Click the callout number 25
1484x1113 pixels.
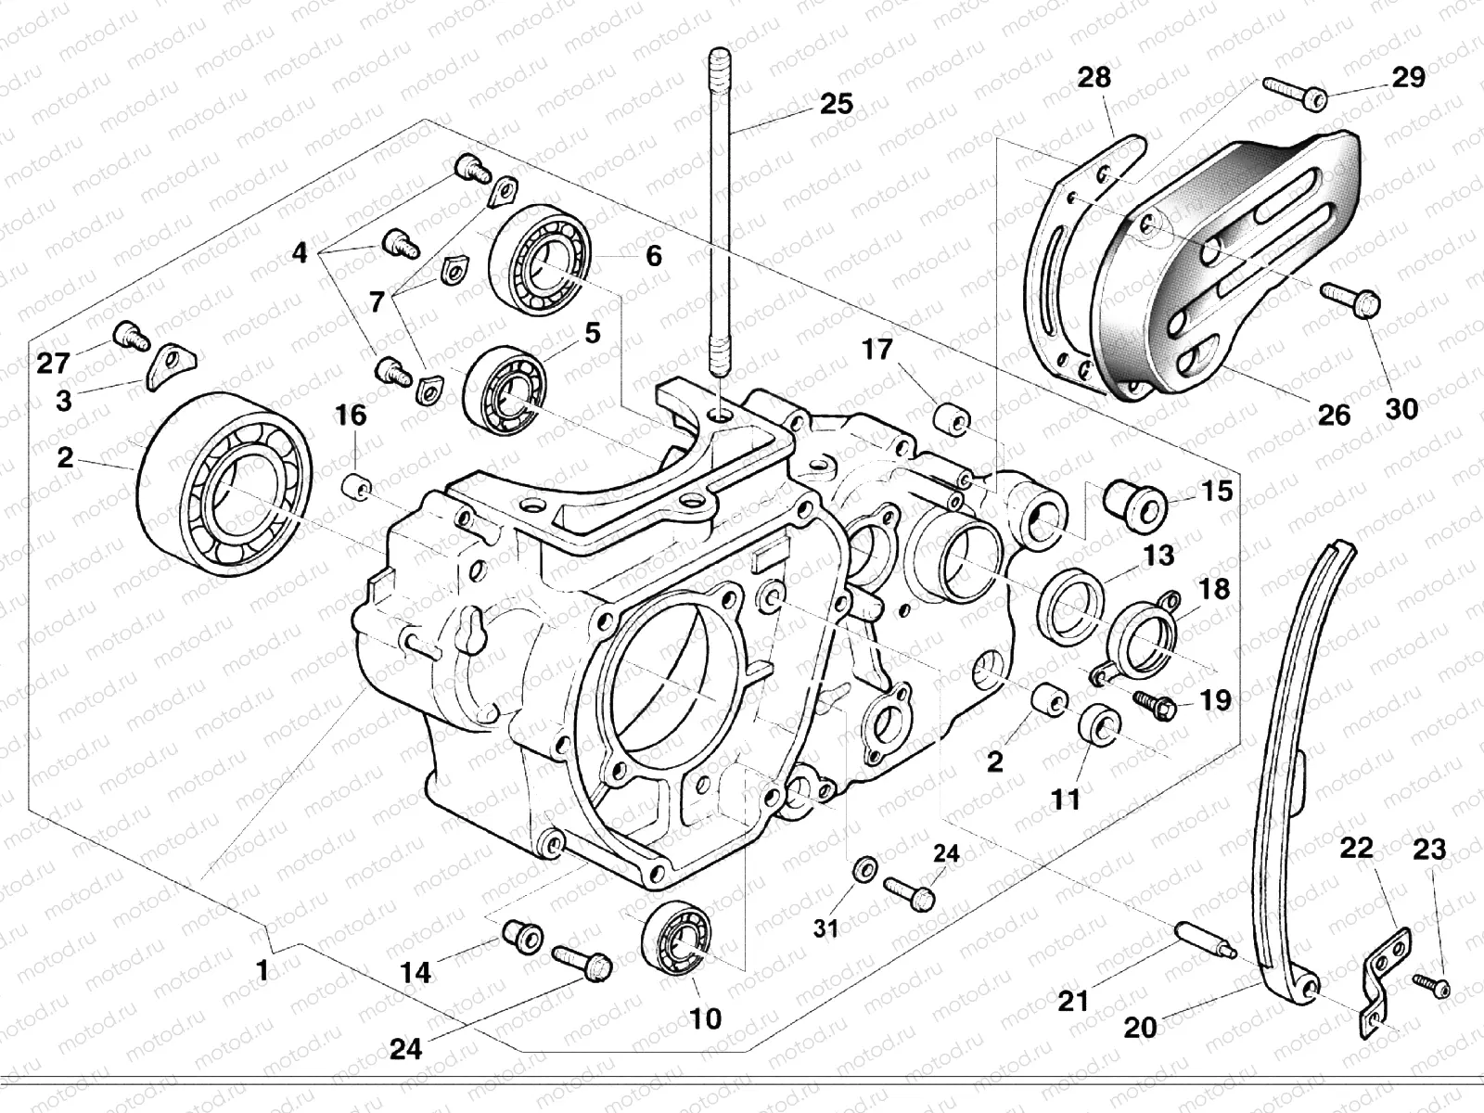coord(837,102)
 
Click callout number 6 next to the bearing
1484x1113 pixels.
coord(654,255)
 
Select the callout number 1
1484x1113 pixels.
coord(262,971)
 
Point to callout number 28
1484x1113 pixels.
coord(1095,77)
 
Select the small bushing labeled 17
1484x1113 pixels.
coord(951,418)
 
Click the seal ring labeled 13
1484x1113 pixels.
coord(1071,604)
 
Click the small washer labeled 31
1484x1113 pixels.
coord(864,868)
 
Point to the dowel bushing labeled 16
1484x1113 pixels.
coord(356,485)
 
